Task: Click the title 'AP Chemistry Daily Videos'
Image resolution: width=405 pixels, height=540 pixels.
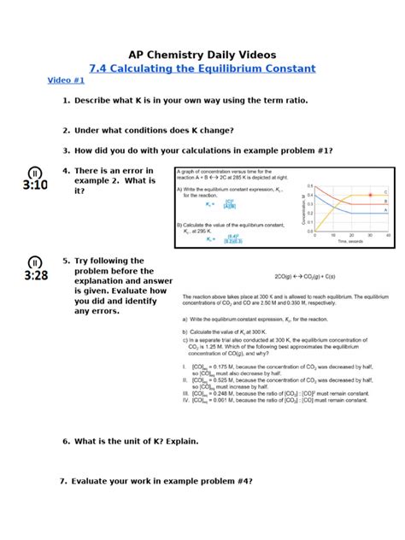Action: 202,53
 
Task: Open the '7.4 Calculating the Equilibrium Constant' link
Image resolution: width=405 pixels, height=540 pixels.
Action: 202,68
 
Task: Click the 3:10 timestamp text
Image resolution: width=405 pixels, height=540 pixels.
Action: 35,185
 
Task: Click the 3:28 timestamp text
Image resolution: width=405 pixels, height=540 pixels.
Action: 35,275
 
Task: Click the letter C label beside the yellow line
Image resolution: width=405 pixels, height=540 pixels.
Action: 384,192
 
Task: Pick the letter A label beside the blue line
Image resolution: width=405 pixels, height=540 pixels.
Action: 384,210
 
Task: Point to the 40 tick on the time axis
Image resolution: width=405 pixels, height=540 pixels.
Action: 388,235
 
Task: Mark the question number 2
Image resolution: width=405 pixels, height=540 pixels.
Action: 66,130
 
